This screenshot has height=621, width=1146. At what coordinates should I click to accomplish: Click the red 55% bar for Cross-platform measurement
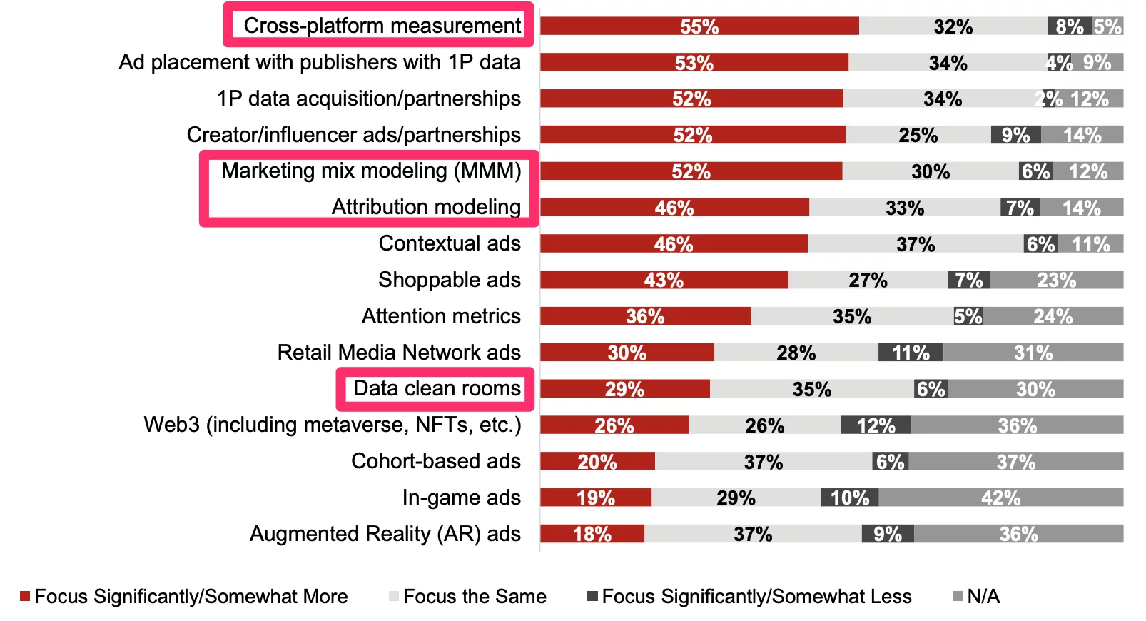click(699, 26)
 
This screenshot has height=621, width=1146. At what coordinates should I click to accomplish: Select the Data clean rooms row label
click(437, 388)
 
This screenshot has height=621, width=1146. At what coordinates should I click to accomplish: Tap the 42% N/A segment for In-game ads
click(1000, 498)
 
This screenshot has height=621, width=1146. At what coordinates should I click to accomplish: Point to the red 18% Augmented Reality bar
click(592, 534)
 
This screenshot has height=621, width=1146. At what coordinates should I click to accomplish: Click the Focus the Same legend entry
click(475, 597)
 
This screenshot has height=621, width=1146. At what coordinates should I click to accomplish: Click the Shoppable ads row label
click(450, 280)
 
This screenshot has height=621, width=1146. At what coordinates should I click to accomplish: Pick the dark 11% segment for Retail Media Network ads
click(911, 353)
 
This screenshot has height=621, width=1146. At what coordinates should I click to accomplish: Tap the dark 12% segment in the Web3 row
click(876, 425)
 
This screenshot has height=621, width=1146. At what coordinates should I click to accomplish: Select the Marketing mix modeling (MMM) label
click(371, 171)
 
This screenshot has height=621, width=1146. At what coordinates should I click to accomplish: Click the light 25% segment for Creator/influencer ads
click(918, 135)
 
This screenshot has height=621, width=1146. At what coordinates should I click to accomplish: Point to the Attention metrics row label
click(441, 316)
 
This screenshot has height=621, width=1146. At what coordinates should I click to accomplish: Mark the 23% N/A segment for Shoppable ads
click(1056, 280)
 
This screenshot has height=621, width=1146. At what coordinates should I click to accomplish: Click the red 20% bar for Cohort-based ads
click(597, 462)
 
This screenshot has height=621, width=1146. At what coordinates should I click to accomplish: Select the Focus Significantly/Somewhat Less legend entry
click(756, 597)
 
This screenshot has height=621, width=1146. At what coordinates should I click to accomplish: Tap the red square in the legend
click(25, 596)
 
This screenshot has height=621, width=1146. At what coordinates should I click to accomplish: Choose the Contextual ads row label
click(450, 243)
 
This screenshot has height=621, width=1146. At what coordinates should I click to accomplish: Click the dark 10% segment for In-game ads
click(849, 498)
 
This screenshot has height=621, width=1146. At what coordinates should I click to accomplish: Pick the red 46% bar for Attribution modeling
click(674, 208)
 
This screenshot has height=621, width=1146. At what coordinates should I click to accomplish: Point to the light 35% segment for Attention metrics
click(852, 316)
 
